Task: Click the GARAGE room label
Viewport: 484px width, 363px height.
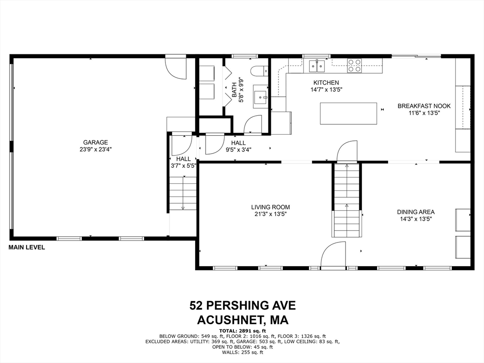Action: tap(95, 142)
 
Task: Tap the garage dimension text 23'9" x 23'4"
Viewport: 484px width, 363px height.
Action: tap(95, 149)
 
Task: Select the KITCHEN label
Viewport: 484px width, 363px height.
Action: tap(326, 83)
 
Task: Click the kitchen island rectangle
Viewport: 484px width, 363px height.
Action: tap(349, 113)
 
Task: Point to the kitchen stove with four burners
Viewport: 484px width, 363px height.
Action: tap(354, 65)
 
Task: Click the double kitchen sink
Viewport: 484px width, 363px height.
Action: tap(317, 65)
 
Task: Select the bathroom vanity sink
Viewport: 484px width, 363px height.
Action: tap(260, 97)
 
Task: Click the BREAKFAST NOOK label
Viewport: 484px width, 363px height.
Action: tap(424, 106)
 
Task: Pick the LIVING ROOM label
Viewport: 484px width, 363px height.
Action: tap(270, 207)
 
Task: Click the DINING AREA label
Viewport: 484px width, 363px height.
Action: tap(415, 212)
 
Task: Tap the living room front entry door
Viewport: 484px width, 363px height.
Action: tap(333, 255)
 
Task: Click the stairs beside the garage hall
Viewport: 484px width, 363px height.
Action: tap(183, 192)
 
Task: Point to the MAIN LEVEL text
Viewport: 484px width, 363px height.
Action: tap(27, 247)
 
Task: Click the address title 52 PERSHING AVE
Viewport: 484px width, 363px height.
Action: tap(242, 305)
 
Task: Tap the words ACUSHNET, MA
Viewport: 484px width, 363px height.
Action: tap(242, 320)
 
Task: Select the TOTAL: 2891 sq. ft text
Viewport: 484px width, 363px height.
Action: tap(242, 330)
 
